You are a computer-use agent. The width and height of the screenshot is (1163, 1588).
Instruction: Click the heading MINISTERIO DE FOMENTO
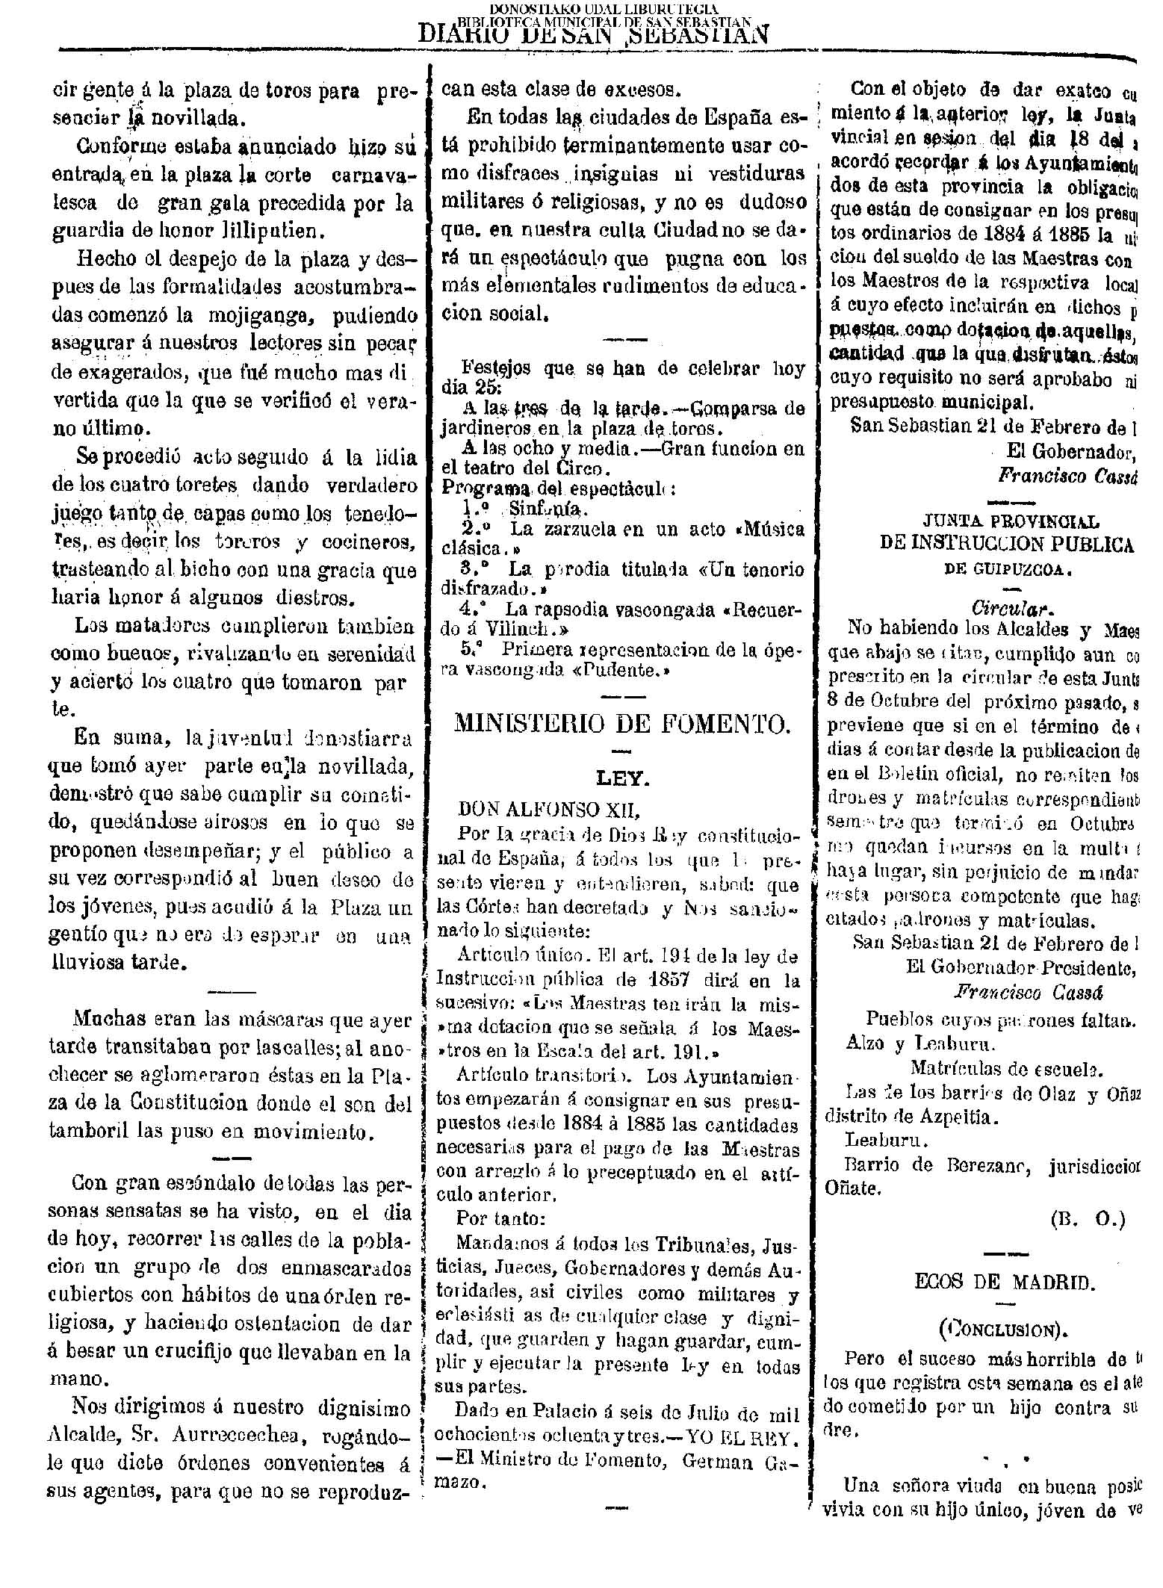click(622, 724)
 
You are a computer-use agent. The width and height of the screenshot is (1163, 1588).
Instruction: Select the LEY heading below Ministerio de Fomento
click(623, 779)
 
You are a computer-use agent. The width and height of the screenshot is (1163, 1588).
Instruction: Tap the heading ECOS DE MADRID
click(1005, 1282)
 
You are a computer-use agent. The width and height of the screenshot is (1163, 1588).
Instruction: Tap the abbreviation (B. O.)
click(1087, 1220)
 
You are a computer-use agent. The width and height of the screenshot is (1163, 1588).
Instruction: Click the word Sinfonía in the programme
click(548, 508)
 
